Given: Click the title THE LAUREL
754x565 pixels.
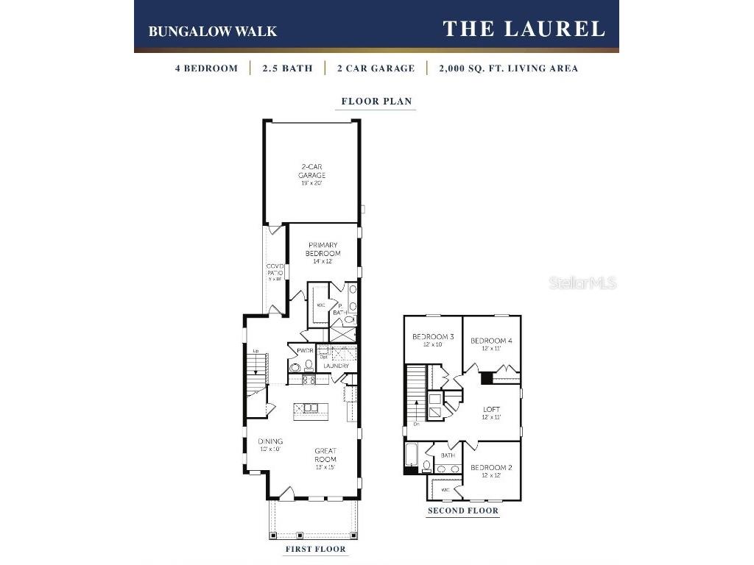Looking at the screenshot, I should coord(524,29).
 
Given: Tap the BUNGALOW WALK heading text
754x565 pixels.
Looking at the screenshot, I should coord(212,31).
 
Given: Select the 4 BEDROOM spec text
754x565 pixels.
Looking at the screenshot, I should coord(206,68).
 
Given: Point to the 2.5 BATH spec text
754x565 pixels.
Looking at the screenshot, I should coord(287,68).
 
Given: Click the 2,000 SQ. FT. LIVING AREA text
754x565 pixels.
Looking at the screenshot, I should coord(508,68).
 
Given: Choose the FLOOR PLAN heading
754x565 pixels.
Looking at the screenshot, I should coord(376,102).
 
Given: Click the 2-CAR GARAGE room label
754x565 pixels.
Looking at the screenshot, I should coord(312,175).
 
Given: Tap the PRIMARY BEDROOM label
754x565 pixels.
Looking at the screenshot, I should coord(323,249).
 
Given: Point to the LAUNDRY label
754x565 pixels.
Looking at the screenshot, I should coord(336,366).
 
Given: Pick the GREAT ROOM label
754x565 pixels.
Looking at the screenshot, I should coord(325,455).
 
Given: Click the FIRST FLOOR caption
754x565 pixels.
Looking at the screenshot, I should coord(315,549).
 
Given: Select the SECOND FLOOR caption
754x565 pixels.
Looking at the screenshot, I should coord(463,511).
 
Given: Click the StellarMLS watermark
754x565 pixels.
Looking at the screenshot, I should coord(582,283).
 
